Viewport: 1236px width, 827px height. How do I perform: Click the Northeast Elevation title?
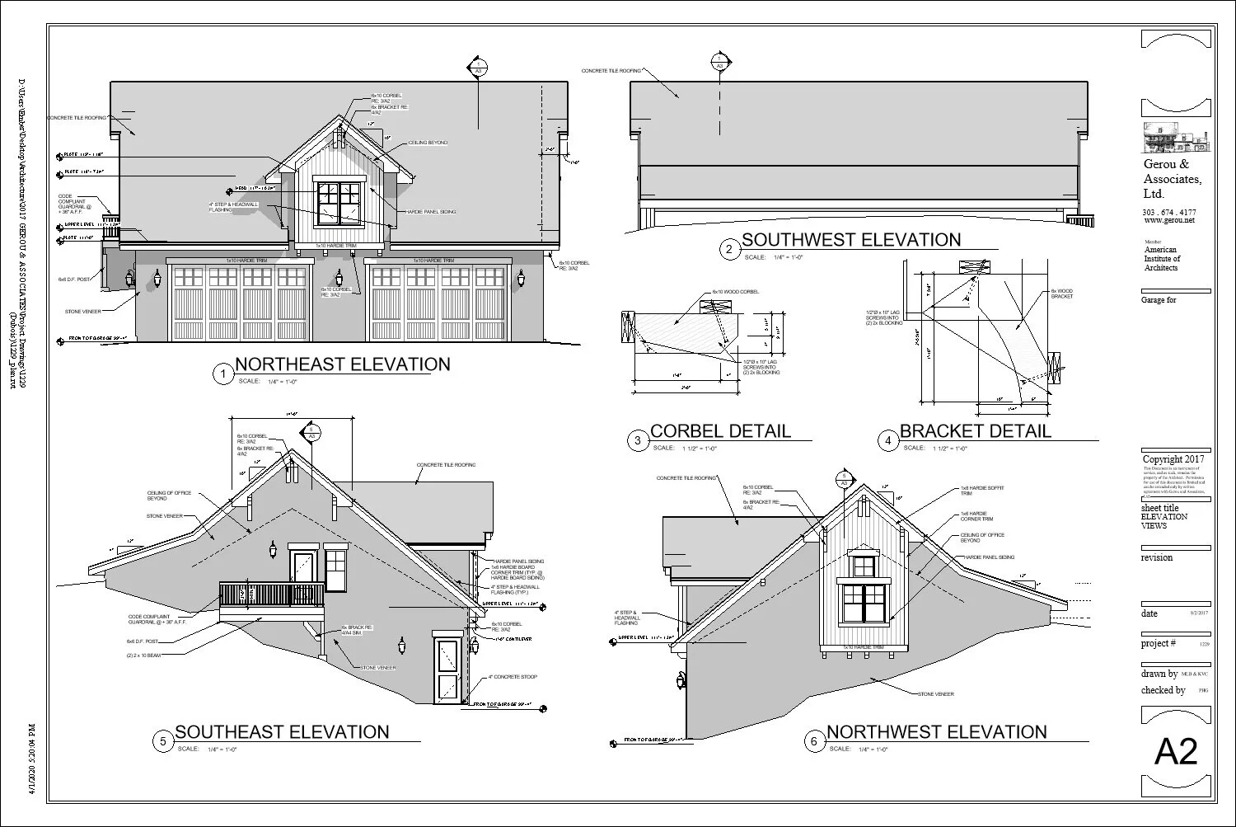pyautogui.click(x=343, y=364)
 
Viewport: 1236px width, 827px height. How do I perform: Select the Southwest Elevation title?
pyautogui.click(x=851, y=240)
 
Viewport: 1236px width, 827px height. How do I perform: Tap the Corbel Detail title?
pyautogui.click(x=720, y=430)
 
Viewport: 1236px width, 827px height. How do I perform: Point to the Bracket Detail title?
pyautogui.click(x=975, y=430)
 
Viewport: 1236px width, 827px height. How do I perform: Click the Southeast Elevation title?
pyautogui.click(x=282, y=731)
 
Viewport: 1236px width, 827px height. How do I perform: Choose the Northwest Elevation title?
pyautogui.click(x=936, y=731)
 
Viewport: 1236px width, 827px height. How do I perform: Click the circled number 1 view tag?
pyautogui.click(x=222, y=375)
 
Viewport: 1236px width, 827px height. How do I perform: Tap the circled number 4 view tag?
pyautogui.click(x=887, y=441)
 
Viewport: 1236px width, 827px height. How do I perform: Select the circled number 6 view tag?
pyautogui.click(x=814, y=742)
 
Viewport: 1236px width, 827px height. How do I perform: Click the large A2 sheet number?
pyautogui.click(x=1176, y=752)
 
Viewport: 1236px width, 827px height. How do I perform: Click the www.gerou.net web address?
pyautogui.click(x=1168, y=220)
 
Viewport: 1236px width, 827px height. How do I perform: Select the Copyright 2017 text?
pyautogui.click(x=1173, y=459)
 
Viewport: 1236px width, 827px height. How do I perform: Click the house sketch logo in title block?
pyautogui.click(x=1176, y=138)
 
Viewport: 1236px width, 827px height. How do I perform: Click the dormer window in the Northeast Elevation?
pyautogui.click(x=339, y=203)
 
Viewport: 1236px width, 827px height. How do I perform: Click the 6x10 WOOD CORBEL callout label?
pyautogui.click(x=736, y=292)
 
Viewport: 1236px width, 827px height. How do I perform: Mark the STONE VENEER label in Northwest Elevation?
pyautogui.click(x=935, y=694)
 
